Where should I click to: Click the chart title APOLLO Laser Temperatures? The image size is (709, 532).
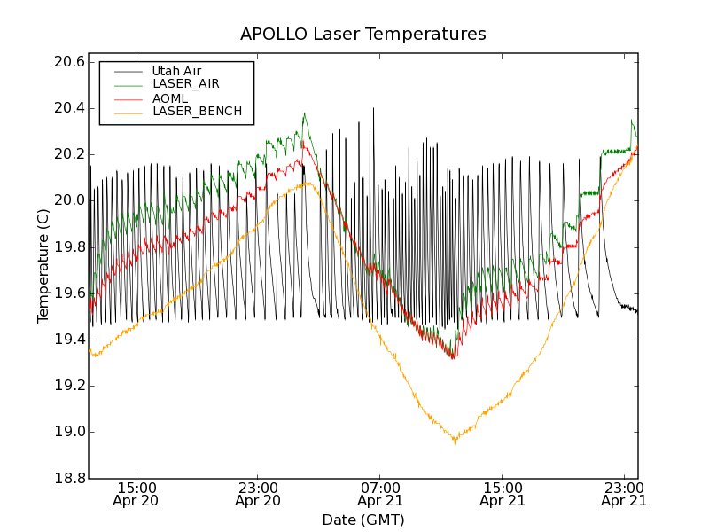click(x=362, y=35)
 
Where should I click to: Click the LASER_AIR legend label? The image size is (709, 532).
click(x=185, y=84)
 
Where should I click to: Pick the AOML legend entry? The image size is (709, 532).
click(x=169, y=98)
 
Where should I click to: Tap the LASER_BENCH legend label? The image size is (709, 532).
click(x=197, y=112)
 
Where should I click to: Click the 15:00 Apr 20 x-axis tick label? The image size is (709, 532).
click(x=136, y=494)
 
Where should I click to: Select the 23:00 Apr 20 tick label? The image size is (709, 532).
click(x=258, y=494)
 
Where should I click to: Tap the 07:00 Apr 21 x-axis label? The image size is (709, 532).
click(x=380, y=494)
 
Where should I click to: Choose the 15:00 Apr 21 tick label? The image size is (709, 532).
click(x=503, y=494)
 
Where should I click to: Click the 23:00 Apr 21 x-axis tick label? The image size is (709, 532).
click(x=624, y=494)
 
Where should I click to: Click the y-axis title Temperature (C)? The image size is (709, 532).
click(x=43, y=266)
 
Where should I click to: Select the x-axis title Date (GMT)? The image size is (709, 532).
click(x=362, y=520)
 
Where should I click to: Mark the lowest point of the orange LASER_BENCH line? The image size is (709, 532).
click(x=455, y=442)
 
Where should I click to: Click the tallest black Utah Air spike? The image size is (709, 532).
click(x=373, y=109)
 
